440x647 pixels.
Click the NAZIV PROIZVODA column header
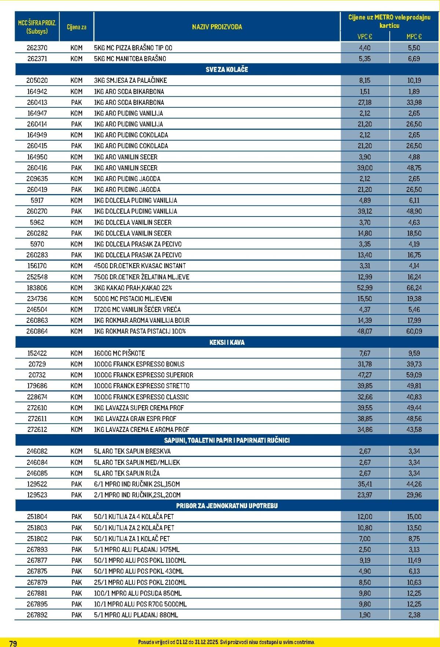217,27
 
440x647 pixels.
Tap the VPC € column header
364,36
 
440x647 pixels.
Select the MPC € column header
414,36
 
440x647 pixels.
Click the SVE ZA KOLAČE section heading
227,69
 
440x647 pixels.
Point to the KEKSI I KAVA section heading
227,342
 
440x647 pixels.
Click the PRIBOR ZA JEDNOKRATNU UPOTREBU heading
227,506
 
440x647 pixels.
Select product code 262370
37,48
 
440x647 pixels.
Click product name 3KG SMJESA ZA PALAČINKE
130,80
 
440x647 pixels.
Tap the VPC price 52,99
364,288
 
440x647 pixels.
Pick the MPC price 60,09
414,331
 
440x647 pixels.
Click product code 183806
37,288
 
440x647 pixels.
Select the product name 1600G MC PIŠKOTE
119,353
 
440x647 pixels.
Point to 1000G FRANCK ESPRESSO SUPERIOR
143,375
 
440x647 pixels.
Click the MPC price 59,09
414,375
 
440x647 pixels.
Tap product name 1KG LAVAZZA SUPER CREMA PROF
139,407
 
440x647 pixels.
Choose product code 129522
37,484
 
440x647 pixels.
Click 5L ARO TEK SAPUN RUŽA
126,473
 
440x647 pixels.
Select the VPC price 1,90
364,615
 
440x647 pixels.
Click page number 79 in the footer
13,643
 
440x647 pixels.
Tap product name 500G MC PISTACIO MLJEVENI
133,299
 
